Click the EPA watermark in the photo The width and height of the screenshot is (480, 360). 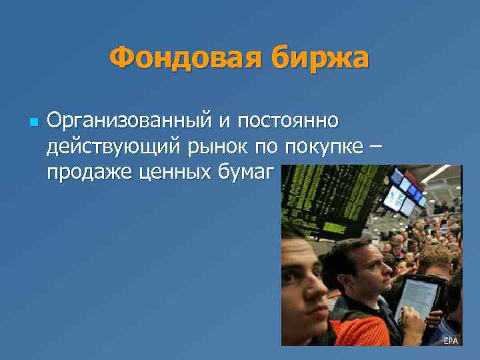coord(451,340)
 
